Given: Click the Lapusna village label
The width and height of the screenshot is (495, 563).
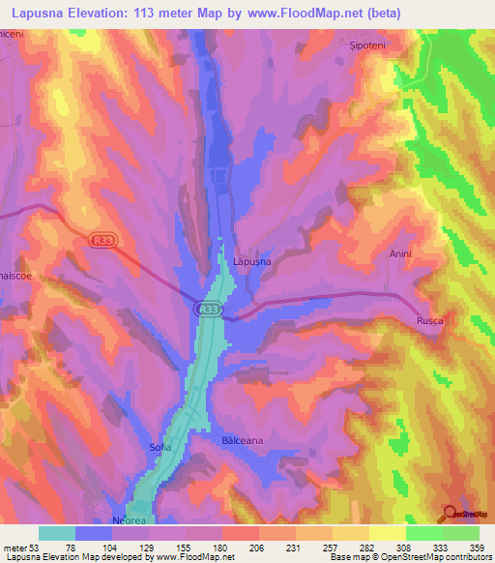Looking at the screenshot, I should click(251, 261).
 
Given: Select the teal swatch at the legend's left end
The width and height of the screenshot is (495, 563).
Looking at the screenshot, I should click(57, 533).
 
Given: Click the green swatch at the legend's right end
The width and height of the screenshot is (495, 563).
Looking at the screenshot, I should click(460, 533).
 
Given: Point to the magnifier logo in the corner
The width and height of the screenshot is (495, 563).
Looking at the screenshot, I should click(451, 514).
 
